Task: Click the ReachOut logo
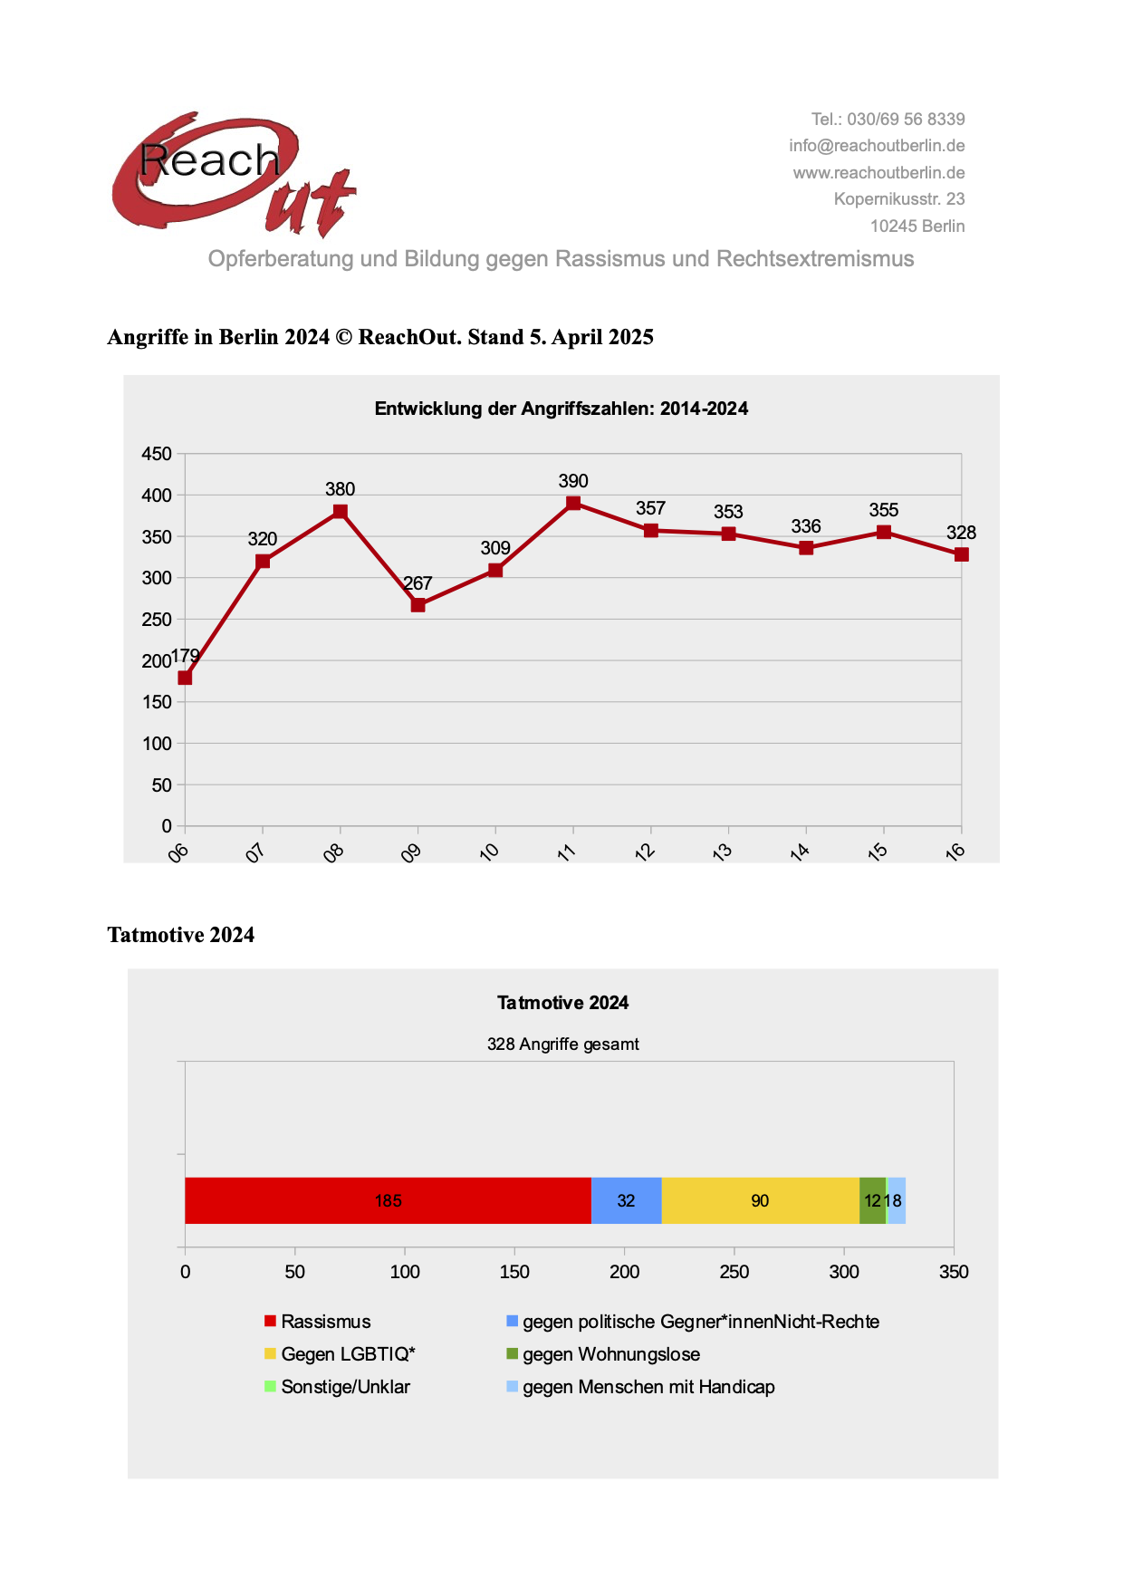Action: coord(234,175)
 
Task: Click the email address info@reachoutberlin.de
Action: coord(876,146)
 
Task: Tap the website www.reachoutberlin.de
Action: coord(878,173)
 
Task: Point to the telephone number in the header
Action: coord(888,120)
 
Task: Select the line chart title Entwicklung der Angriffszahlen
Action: coord(561,409)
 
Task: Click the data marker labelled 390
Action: coord(573,504)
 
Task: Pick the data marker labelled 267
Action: coord(418,605)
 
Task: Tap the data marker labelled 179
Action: coord(185,678)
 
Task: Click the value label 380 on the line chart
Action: coord(340,489)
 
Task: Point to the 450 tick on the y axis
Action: coord(157,454)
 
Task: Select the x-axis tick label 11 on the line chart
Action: coord(567,852)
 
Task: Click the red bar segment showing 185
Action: coord(388,1201)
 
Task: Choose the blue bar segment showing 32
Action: coord(626,1201)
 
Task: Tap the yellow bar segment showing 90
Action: coord(760,1201)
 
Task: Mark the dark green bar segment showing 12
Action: coord(871,1201)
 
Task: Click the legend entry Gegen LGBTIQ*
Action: coord(348,1354)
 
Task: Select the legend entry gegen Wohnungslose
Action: coord(610,1354)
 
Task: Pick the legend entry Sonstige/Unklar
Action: coord(345,1387)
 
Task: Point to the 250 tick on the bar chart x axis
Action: coord(734,1272)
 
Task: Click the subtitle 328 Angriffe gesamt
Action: coord(562,1044)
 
